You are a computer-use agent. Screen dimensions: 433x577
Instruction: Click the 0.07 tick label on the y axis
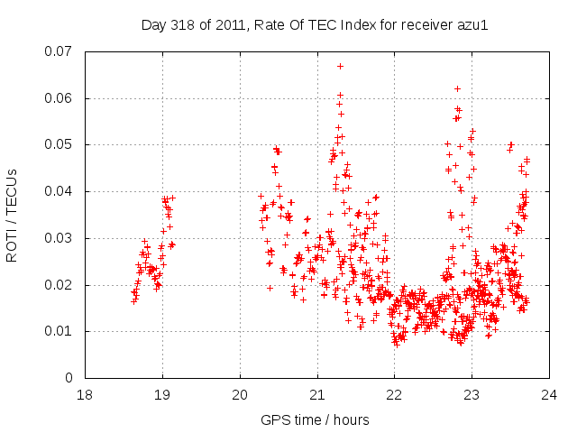tap(60, 51)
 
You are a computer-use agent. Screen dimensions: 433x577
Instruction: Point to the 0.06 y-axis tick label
tap(60, 97)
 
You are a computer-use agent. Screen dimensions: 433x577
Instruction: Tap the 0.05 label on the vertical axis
tap(60, 144)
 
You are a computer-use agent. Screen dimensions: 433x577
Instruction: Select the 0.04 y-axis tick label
tap(60, 191)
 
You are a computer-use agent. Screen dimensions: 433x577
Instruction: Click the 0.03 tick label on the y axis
tap(60, 238)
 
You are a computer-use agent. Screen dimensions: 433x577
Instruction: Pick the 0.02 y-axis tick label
tap(60, 285)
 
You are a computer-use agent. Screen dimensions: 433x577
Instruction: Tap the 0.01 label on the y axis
tap(60, 331)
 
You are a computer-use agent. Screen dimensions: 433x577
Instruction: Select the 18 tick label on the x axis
tap(85, 395)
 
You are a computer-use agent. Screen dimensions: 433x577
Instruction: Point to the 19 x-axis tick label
tap(162, 395)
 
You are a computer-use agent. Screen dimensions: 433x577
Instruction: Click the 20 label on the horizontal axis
tap(240, 395)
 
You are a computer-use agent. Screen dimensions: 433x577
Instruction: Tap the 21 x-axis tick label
tap(317, 395)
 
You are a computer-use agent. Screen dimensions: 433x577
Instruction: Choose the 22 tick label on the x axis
tap(394, 395)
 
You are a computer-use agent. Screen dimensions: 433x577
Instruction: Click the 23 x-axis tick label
tap(472, 395)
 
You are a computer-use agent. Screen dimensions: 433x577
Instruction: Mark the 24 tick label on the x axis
tap(549, 395)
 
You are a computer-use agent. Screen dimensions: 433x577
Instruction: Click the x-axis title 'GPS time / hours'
tap(316, 419)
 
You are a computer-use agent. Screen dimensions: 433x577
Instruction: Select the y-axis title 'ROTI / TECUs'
tap(13, 215)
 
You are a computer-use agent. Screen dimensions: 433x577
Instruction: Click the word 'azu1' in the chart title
tap(472, 24)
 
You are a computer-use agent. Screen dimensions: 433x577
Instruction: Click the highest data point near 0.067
tap(340, 66)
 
